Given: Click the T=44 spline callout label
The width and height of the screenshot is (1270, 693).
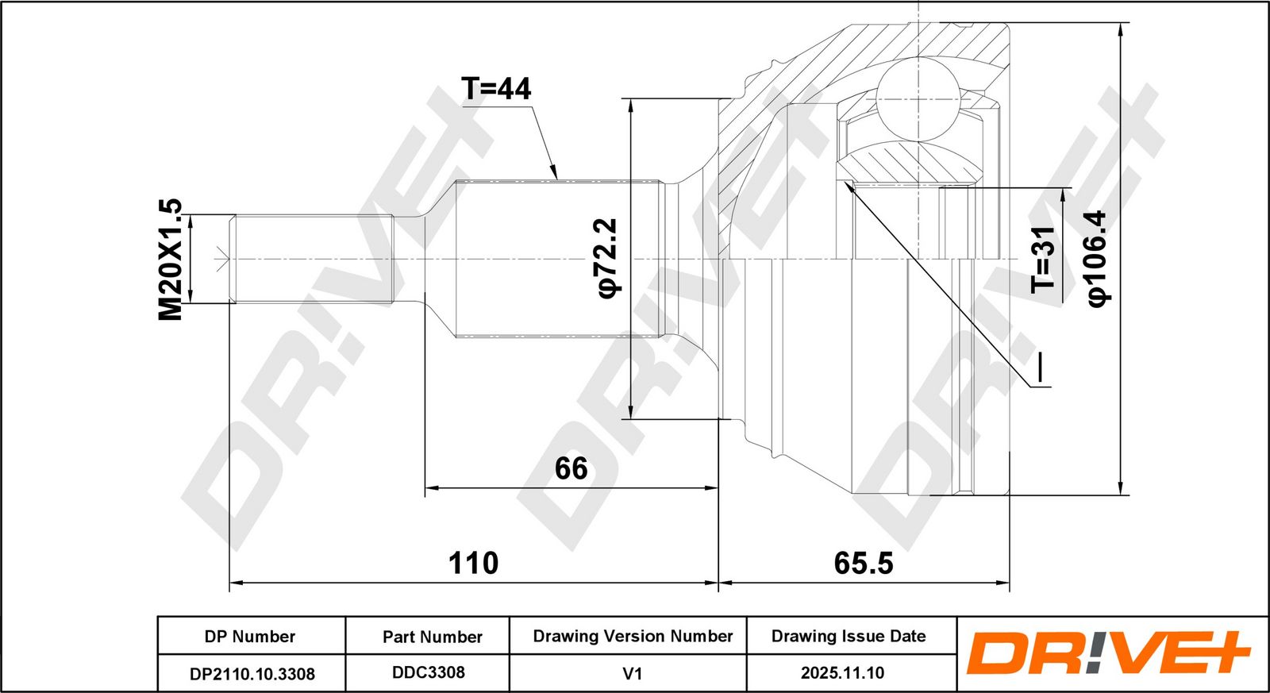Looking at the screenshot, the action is click(x=497, y=88).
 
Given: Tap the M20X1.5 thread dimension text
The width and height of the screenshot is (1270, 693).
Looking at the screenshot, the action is click(x=170, y=259).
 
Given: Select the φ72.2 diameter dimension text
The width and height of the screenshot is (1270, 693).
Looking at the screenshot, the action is click(x=606, y=258).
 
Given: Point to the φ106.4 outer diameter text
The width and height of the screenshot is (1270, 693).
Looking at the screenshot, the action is click(x=1099, y=259).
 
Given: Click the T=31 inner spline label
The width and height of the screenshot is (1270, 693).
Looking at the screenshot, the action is click(x=1043, y=260).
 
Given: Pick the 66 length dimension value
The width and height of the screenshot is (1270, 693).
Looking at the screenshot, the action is click(x=571, y=468).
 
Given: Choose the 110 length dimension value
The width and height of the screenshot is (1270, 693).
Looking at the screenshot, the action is click(x=473, y=563).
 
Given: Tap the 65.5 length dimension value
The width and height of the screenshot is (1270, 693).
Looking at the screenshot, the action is click(x=864, y=563).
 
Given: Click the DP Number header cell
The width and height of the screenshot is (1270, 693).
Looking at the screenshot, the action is click(x=250, y=637).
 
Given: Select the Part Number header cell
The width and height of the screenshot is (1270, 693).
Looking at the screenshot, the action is click(x=433, y=637).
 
